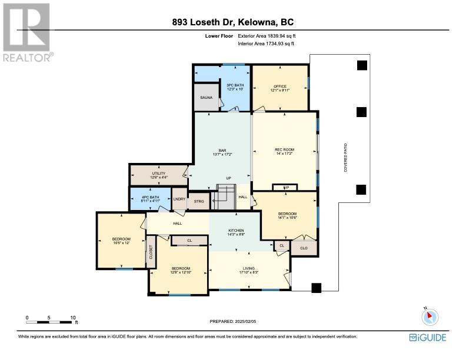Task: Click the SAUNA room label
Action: pyautogui.click(x=207, y=98)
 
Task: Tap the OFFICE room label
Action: pyautogui.click(x=280, y=86)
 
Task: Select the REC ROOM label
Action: pyautogui.click(x=284, y=149)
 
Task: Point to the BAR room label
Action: pyautogui.click(x=222, y=151)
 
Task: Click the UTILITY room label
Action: pyautogui.click(x=159, y=174)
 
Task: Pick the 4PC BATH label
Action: pyautogui.click(x=151, y=197)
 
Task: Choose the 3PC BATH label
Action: pyautogui.click(x=235, y=85)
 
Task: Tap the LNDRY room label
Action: pyautogui.click(x=179, y=199)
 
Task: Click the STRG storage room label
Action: pyautogui.click(x=199, y=201)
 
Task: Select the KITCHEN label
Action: pyautogui.click(x=236, y=231)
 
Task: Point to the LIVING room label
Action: pyautogui.click(x=249, y=268)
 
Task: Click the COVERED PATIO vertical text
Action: pyautogui.click(x=345, y=158)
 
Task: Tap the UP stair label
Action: pyautogui.click(x=228, y=178)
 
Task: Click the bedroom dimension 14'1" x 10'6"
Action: pyautogui.click(x=287, y=218)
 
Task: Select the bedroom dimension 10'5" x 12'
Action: pyautogui.click(x=121, y=243)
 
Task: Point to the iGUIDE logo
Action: pyautogui.click(x=428, y=338)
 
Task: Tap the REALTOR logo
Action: pyautogui.click(x=26, y=32)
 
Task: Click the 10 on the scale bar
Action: pyautogui.click(x=73, y=318)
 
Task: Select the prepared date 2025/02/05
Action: pyautogui.click(x=245, y=321)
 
